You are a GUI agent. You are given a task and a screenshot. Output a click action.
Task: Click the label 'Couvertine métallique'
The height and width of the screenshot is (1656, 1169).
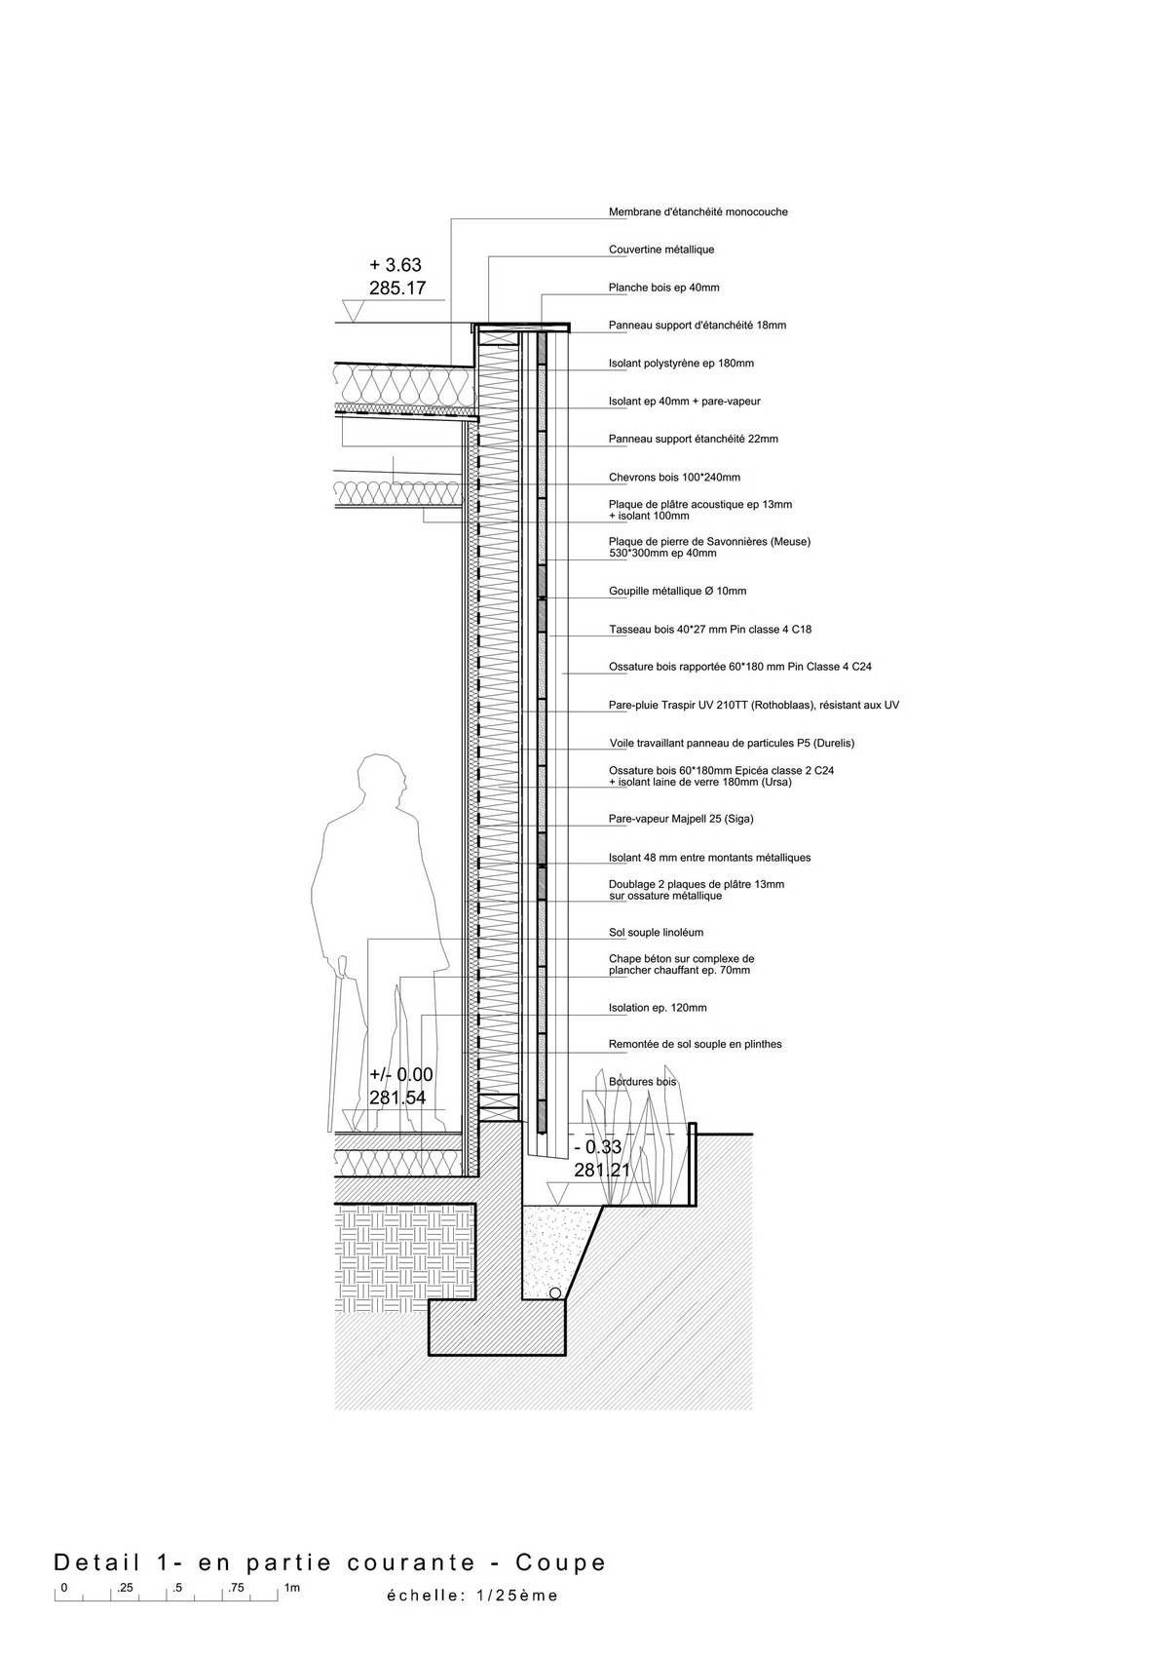tap(661, 250)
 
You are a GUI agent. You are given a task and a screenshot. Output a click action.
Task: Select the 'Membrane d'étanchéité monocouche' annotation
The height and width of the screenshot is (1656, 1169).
tap(698, 212)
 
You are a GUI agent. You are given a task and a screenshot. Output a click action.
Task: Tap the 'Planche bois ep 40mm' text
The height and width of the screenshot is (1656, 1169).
tap(663, 288)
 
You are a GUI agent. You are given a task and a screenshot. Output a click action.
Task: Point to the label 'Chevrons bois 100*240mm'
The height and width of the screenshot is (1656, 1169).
tap(674, 478)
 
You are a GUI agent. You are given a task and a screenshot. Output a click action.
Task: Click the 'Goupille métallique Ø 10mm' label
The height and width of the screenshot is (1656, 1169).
tap(678, 592)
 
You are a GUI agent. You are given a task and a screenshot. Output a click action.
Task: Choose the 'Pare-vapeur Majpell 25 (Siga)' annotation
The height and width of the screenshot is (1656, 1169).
tap(681, 819)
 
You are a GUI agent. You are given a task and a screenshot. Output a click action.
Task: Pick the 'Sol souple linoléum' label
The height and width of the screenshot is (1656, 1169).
tap(657, 933)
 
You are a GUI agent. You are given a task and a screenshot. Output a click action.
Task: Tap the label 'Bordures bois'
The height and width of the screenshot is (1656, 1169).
tap(642, 1082)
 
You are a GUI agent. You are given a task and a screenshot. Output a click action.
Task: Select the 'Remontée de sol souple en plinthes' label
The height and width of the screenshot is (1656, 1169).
tap(696, 1045)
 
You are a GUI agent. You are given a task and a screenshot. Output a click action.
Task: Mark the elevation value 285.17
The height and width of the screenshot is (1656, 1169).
tap(397, 289)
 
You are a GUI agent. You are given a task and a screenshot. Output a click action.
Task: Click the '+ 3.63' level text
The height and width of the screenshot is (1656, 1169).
tap(396, 265)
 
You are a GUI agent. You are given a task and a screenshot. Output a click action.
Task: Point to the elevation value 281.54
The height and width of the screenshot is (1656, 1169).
tap(397, 1098)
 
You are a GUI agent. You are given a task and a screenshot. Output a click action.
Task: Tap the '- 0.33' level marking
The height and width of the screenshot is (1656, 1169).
tap(598, 1147)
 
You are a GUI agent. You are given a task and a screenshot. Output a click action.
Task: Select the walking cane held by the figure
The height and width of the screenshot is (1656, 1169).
tap(336, 1044)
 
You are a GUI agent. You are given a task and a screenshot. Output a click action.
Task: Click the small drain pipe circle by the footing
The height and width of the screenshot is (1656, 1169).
tap(555, 1293)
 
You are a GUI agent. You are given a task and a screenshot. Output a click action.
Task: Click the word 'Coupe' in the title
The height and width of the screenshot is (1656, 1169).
tap(561, 1562)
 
